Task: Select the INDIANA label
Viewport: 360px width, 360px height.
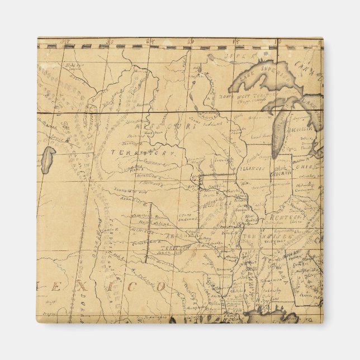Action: pos(281,173)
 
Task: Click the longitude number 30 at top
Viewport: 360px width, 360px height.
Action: pos(110,41)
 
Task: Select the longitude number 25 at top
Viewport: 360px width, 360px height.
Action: pos(150,41)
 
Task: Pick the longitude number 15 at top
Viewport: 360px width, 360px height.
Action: pos(235,41)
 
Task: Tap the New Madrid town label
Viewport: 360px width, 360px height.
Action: pos(249,217)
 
